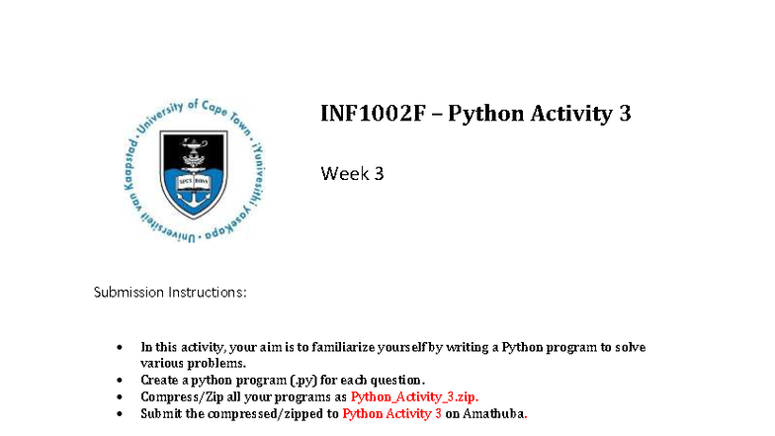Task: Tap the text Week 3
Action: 352,174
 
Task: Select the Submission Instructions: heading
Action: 170,293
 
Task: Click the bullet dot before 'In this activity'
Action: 120,348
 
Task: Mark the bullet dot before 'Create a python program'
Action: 120,381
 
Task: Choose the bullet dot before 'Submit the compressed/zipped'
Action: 120,414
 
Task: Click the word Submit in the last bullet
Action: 160,413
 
